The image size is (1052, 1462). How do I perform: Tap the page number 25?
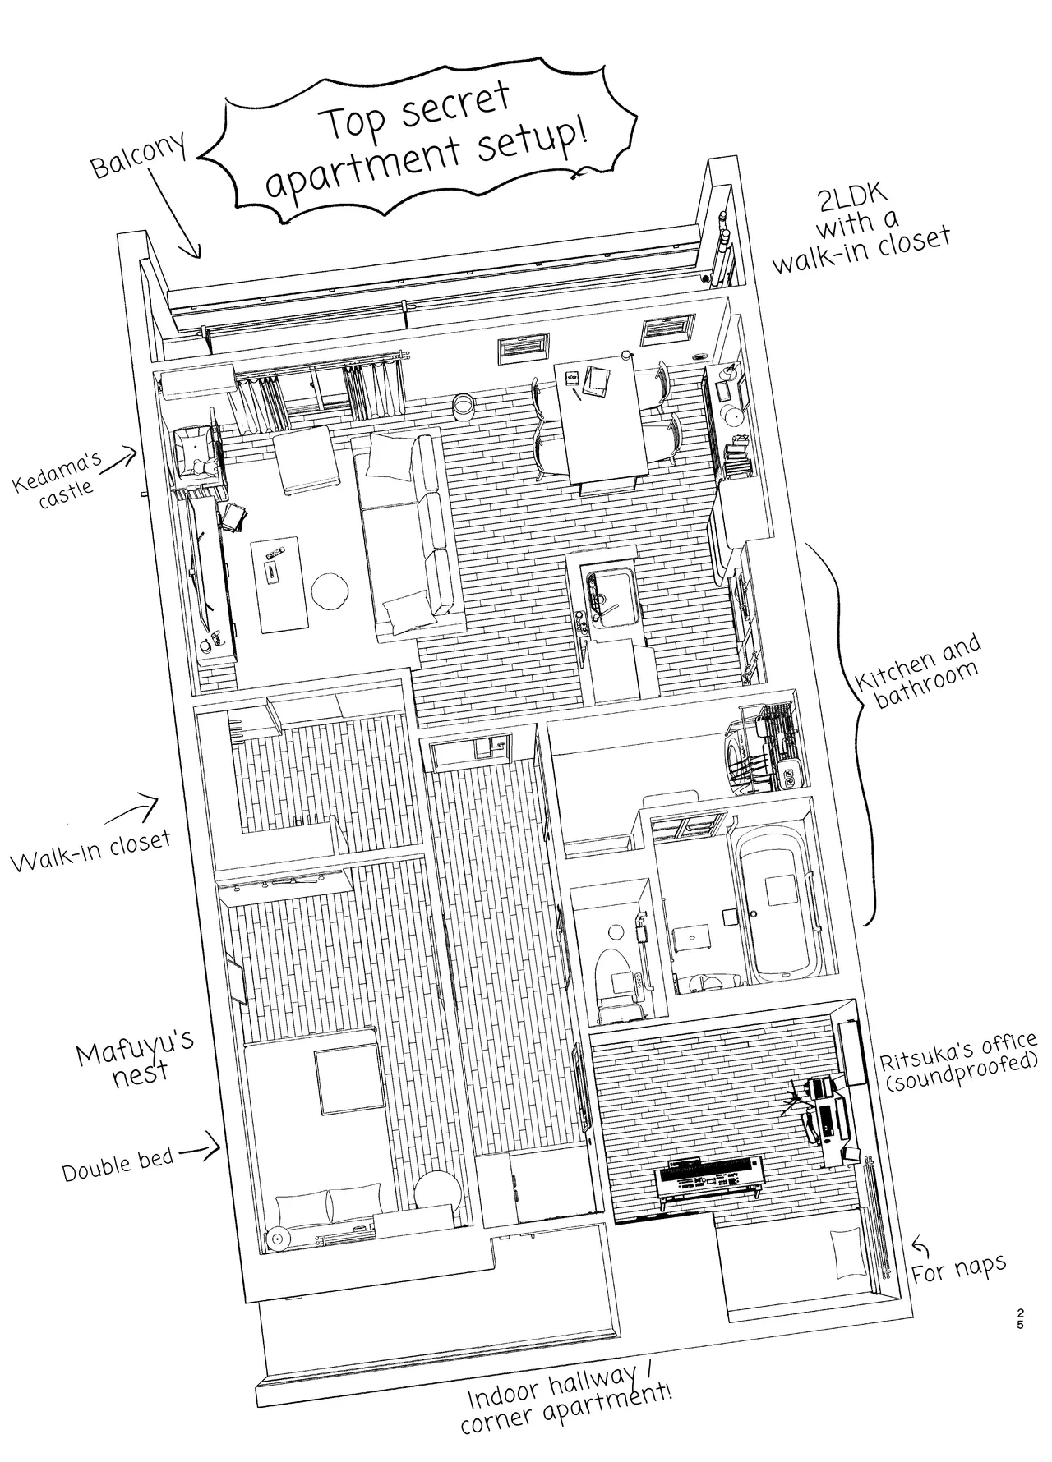(x=1020, y=1318)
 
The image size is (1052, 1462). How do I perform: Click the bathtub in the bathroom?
(x=777, y=903)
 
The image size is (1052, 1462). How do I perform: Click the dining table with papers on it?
(x=601, y=424)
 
